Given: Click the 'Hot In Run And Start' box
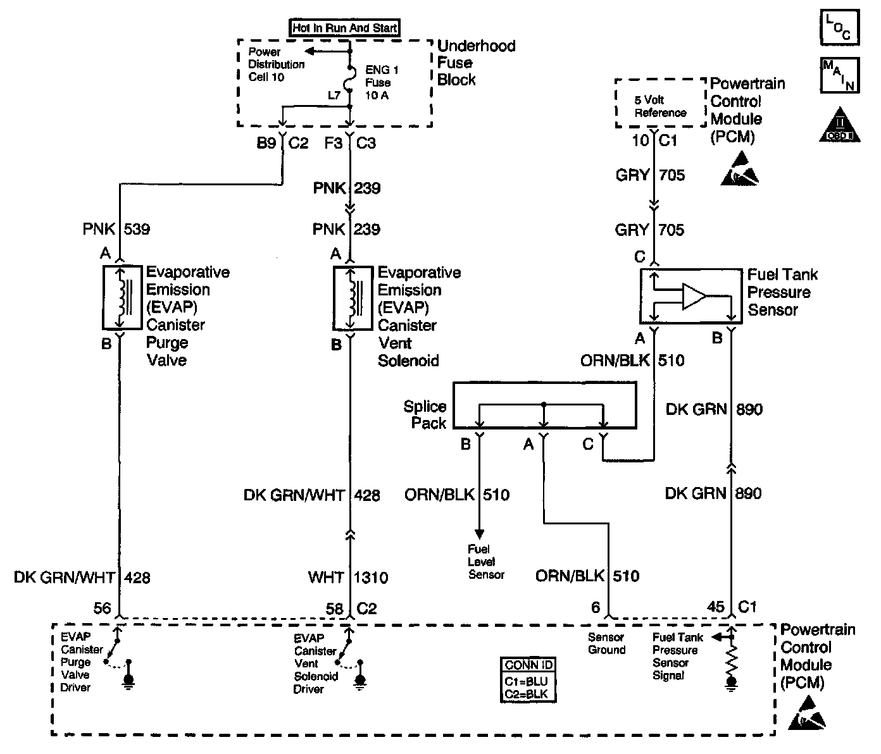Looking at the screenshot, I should tap(345, 28).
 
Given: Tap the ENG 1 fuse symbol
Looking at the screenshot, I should tap(349, 82).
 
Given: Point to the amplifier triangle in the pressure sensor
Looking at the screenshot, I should tap(694, 297).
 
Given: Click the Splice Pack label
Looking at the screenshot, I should tap(425, 415).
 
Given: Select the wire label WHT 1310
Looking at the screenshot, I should tap(348, 577).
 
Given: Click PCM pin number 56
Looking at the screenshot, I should tap(102, 608).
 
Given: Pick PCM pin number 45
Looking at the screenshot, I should tap(715, 607).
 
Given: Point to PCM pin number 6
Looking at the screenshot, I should tap(596, 607).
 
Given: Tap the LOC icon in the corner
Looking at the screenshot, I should tap(839, 27).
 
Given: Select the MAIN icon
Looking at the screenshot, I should tap(840, 75).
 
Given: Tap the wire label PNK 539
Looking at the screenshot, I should tap(116, 228).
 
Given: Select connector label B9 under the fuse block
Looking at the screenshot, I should tap(266, 143).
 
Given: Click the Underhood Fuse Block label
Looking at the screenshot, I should tap(476, 63).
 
